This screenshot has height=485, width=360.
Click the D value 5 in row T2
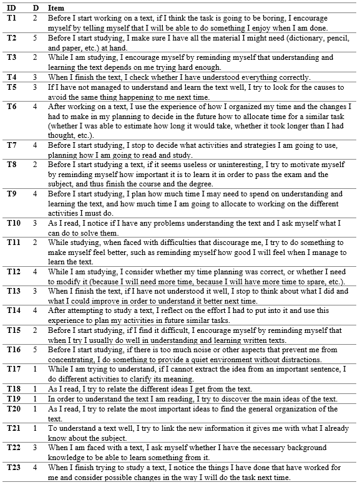(x=36, y=38)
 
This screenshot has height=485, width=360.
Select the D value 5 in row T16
(x=36, y=350)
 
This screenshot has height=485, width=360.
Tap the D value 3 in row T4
(x=36, y=77)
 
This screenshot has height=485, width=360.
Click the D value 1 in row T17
(x=36, y=370)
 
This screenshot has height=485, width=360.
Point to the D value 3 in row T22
(x=36, y=448)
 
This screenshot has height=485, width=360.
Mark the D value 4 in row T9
(x=36, y=194)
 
